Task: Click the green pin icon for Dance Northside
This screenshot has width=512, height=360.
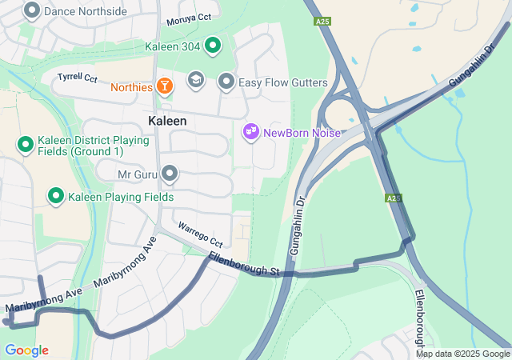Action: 32,10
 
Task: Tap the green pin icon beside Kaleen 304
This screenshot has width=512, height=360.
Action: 212,46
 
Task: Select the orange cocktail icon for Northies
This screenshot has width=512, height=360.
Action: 164,85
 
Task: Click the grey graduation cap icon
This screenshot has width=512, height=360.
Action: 195,80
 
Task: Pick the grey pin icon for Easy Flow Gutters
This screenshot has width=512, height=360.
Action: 226,82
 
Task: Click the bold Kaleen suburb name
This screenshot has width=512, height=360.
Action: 167,121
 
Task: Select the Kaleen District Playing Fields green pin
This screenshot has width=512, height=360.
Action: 25,145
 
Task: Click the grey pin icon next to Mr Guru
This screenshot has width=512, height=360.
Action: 169,174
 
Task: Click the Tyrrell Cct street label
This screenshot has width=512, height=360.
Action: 78,78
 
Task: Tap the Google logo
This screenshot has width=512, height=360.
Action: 26,350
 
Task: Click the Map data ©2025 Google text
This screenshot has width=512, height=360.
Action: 462,354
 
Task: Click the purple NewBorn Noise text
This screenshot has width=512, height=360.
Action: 302,132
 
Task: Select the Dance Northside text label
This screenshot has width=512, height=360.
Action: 86,11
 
